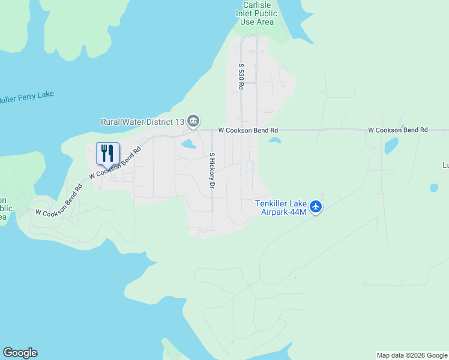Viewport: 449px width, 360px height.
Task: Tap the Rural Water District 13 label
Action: [142, 121]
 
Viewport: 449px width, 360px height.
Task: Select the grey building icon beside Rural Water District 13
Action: [193, 121]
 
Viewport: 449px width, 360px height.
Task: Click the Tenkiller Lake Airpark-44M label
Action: [281, 208]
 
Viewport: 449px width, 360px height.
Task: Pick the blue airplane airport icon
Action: [316, 208]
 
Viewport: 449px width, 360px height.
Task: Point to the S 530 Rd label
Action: [241, 77]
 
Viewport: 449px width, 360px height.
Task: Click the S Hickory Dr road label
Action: [212, 171]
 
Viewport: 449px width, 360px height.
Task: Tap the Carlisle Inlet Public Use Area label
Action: [259, 13]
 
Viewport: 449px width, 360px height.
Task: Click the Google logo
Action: [20, 353]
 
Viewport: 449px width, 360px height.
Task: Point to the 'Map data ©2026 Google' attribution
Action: [412, 355]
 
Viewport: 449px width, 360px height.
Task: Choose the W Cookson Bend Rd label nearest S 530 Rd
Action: [248, 130]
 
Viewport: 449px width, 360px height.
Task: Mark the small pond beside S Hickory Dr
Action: [188, 144]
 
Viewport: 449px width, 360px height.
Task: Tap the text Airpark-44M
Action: [281, 212]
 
